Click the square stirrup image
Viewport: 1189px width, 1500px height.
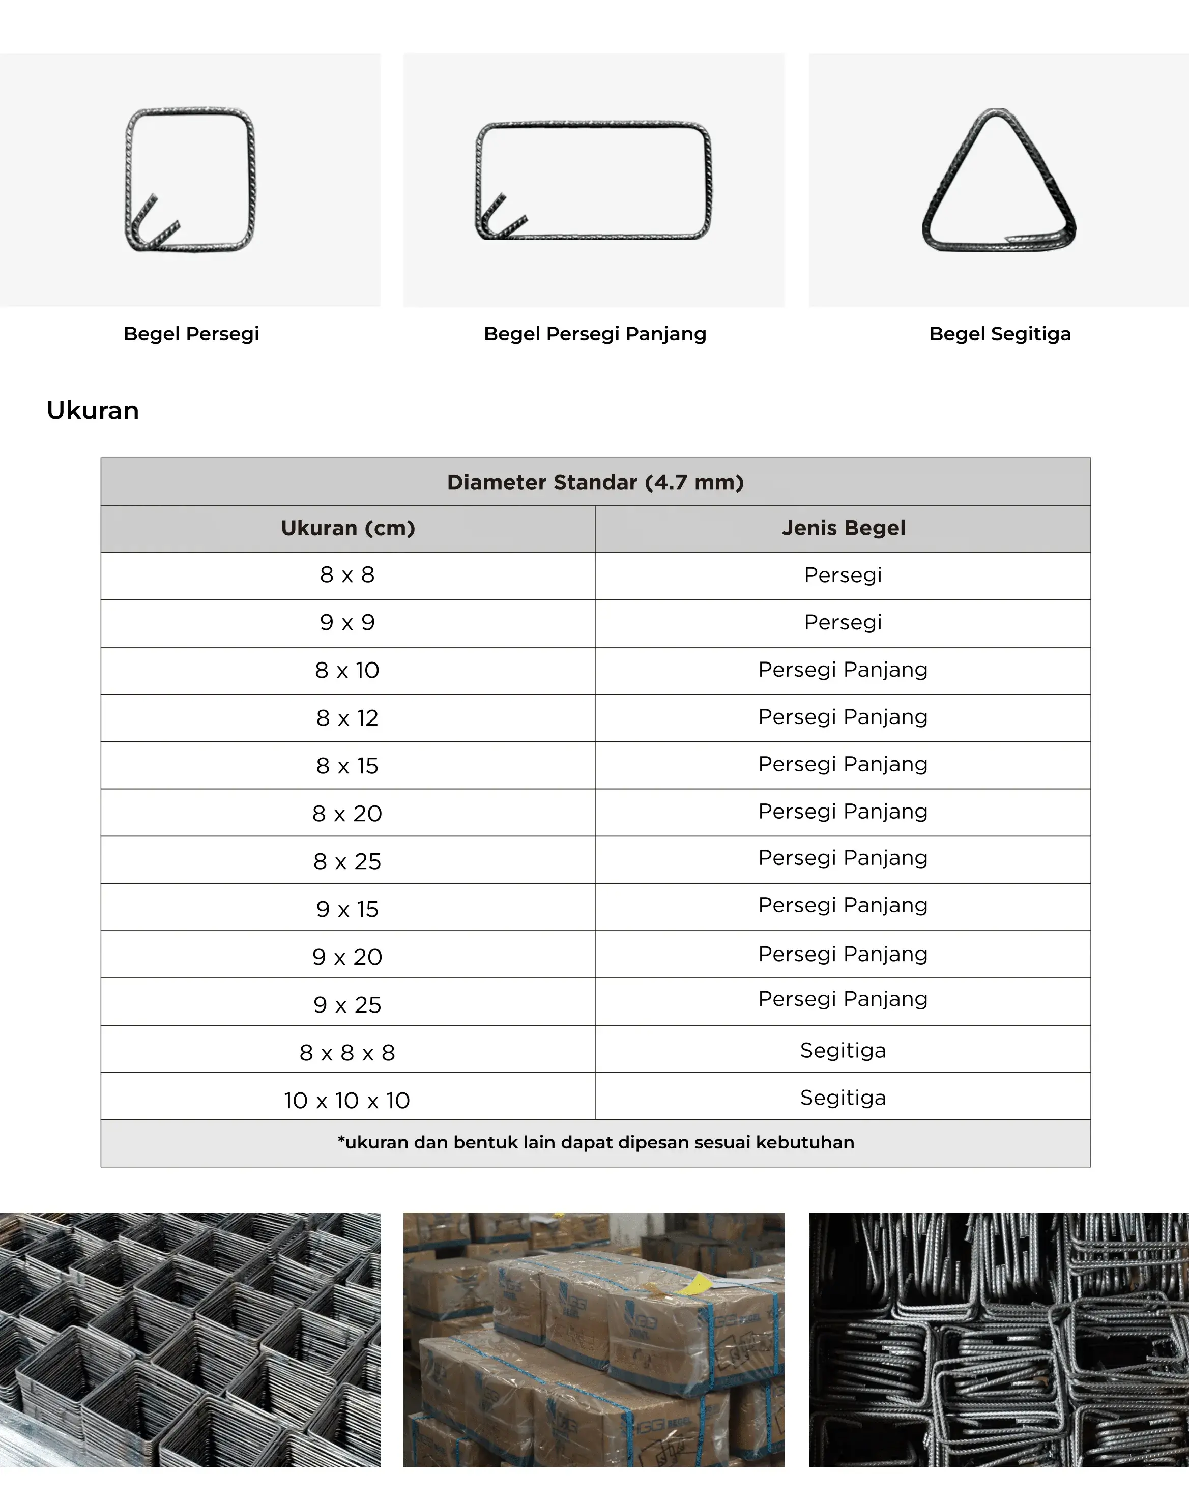(190, 180)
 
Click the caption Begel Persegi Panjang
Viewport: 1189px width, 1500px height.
(595, 334)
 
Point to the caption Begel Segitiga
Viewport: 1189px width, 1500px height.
(1000, 334)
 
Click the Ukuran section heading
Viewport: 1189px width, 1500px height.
(93, 411)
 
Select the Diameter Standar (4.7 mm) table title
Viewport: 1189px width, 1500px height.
(595, 482)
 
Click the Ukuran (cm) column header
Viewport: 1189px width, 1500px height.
(348, 528)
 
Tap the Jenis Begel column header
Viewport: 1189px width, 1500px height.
(843, 528)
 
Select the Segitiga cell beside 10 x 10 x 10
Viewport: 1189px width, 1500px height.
(843, 1098)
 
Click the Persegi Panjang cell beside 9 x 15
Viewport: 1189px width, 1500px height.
(843, 905)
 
